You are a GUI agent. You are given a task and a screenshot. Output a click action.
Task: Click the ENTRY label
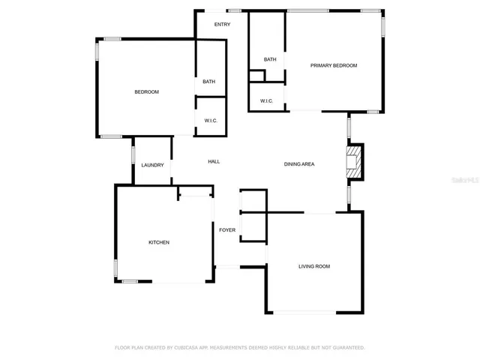222,25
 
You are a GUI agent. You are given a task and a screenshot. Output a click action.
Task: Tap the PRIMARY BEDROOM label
334,66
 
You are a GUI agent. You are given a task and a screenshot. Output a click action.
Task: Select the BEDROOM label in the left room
146,91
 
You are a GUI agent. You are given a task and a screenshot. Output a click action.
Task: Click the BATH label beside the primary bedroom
270,59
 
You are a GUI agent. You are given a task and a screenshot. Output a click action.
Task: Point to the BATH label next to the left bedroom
209,82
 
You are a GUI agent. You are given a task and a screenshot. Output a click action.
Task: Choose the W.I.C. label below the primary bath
266,100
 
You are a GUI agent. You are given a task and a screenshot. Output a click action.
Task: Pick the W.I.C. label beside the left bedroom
210,120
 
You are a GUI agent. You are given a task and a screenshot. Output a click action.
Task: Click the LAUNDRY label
152,165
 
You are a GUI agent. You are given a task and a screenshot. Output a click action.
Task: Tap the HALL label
214,162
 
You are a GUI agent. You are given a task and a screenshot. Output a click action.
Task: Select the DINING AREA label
298,163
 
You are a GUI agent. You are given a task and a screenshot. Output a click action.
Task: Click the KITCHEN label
158,242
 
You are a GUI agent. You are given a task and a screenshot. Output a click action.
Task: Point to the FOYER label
226,230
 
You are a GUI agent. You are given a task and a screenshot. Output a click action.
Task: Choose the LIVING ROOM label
314,266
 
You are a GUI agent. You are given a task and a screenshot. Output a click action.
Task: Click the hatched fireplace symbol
352,162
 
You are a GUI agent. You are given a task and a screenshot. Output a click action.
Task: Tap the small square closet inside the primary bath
257,76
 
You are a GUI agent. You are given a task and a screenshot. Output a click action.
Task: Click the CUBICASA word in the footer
188,347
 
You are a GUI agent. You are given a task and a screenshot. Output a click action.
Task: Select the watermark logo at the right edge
469,181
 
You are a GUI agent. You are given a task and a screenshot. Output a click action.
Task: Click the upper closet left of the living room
253,201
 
